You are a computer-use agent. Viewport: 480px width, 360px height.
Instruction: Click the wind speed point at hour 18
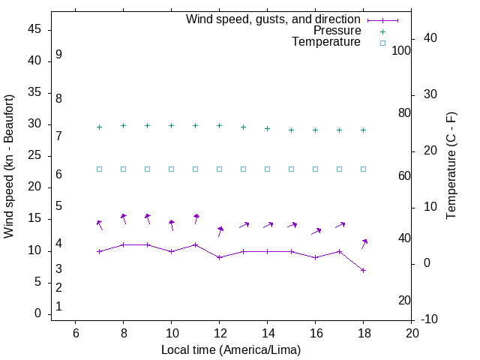[x=364, y=270]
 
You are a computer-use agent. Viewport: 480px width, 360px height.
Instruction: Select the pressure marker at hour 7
[x=99, y=127]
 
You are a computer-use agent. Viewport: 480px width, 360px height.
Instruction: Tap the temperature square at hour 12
[x=219, y=169]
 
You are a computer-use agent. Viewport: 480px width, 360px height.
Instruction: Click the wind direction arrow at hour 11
[x=196, y=219]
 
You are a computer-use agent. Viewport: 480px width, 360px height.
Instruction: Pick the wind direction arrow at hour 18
[x=364, y=243]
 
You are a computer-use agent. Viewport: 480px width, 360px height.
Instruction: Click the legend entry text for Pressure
[x=337, y=31]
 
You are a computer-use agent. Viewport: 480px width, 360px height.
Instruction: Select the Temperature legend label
[x=326, y=42]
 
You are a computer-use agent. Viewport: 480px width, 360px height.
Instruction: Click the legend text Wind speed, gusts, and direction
[x=273, y=19]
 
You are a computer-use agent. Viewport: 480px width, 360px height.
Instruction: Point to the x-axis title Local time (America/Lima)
[x=231, y=349]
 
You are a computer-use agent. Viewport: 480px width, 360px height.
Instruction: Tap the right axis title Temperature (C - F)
[x=451, y=166]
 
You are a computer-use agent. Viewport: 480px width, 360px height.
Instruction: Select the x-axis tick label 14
[x=267, y=333]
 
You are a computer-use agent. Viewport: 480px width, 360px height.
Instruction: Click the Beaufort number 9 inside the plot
[x=58, y=55]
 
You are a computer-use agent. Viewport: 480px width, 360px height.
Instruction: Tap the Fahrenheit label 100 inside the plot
[x=401, y=51]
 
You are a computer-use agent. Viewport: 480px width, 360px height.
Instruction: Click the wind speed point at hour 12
[x=219, y=257]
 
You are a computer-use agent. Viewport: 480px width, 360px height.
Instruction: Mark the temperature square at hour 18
[x=364, y=169]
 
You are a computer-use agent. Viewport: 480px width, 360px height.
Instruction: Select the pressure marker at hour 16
[x=316, y=130]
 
